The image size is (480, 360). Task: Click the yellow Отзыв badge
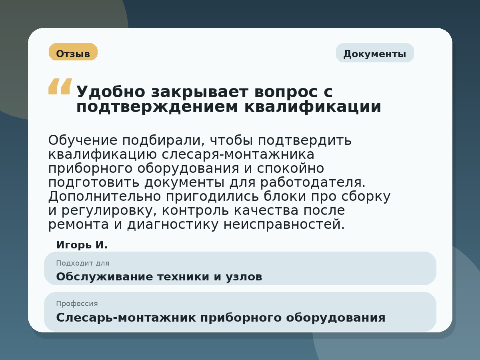point(73,52)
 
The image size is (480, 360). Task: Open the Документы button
point(375,53)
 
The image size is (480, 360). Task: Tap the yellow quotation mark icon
point(60,86)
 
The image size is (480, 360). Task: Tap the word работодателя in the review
point(312,182)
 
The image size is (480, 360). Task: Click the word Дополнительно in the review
point(104,196)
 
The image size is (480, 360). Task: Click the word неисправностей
point(284,224)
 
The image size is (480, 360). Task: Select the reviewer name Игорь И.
point(82,245)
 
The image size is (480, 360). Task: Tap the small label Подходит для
point(82,263)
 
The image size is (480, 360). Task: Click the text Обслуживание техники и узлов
point(159,277)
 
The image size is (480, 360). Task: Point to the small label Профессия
point(77,304)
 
